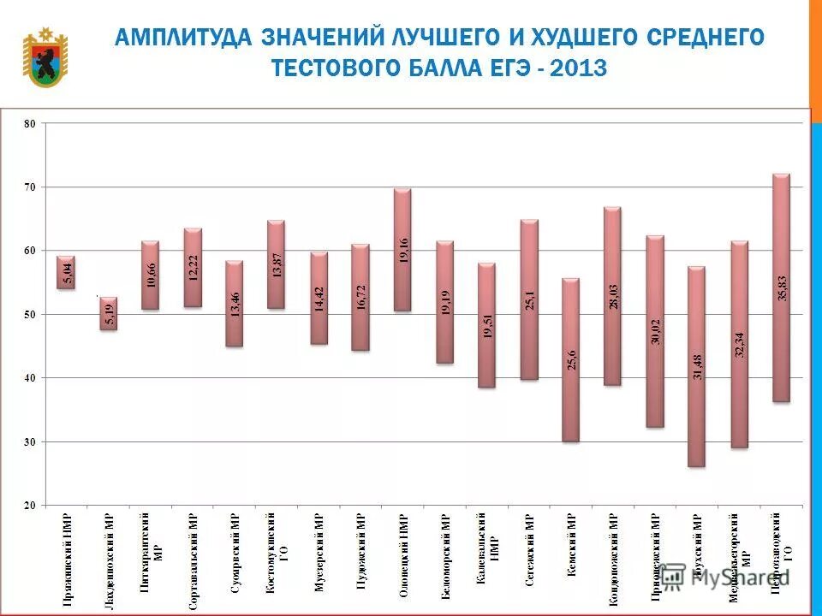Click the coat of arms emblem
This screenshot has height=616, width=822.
pyautogui.click(x=45, y=57)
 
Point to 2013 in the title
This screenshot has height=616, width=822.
pyautogui.click(x=579, y=68)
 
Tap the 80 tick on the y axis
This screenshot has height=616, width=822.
pyautogui.click(x=30, y=123)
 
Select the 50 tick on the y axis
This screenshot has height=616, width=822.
pyautogui.click(x=30, y=314)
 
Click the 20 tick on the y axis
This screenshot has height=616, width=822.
pyautogui.click(x=30, y=506)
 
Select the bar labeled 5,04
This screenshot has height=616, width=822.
pyautogui.click(x=66, y=272)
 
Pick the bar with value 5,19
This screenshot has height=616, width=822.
pyautogui.click(x=108, y=313)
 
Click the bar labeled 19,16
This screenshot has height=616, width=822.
pyautogui.click(x=402, y=250)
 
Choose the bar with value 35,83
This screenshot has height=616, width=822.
pyautogui.click(x=780, y=287)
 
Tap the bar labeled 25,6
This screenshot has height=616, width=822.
pyautogui.click(x=570, y=359)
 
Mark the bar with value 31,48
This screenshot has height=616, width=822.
pyautogui.click(x=696, y=366)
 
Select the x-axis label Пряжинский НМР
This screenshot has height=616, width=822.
pyautogui.click(x=66, y=560)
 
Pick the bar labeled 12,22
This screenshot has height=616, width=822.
pyautogui.click(x=193, y=267)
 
